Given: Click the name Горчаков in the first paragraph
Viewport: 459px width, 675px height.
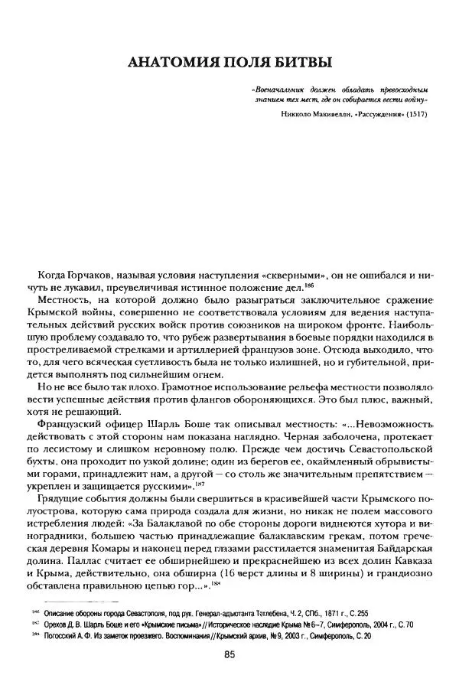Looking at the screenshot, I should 80,274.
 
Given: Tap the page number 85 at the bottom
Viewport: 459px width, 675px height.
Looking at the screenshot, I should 229,653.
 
